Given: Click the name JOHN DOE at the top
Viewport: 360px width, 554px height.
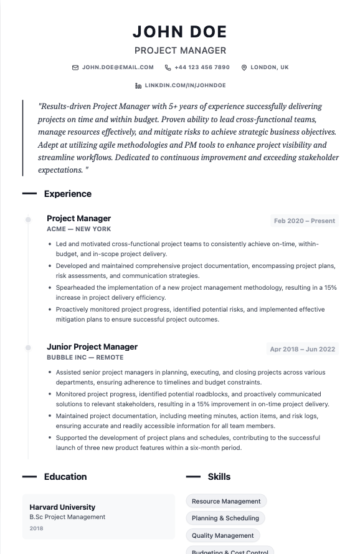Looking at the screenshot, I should tap(180, 32).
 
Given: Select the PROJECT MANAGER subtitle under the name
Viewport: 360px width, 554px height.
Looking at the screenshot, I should tap(180, 50).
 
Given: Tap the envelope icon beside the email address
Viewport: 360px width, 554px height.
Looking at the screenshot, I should tap(75, 67).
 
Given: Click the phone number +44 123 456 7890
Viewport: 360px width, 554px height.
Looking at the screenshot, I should tap(202, 67).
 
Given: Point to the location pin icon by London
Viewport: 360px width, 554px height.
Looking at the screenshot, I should tap(244, 67).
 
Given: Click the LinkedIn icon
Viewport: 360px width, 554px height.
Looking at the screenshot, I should tap(138, 85).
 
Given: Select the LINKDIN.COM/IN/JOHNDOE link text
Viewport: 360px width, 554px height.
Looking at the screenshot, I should tap(185, 85).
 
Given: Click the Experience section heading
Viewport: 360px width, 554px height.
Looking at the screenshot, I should tap(67, 194).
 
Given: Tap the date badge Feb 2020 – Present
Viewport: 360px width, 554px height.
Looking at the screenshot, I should tap(305, 221).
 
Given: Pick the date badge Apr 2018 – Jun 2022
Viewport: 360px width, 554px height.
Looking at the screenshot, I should tap(303, 349).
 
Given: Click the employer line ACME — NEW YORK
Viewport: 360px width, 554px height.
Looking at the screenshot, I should tap(78, 229).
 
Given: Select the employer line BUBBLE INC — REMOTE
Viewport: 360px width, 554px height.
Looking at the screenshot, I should tap(85, 358).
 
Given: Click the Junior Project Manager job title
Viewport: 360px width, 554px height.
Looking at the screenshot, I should tap(92, 346).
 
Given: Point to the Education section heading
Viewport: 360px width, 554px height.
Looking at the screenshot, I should tap(65, 477).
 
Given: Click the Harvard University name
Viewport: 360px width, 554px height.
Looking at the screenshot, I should tap(62, 507).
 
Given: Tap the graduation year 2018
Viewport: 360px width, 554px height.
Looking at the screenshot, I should tap(37, 528).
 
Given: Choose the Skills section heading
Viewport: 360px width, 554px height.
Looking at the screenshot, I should tap(219, 477).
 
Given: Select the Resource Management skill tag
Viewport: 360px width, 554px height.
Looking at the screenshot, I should tap(226, 501).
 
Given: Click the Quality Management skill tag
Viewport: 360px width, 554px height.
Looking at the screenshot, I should tap(222, 535).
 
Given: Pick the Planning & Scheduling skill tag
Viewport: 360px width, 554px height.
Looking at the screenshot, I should tap(225, 518).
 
